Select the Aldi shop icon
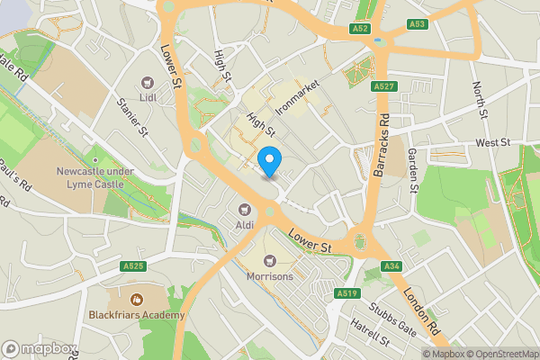click(244, 209)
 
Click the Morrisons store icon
click(269, 260)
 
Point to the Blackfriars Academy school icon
click(137, 299)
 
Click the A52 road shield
click(361, 29)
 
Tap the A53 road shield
click(416, 23)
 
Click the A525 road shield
click(133, 266)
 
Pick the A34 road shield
click(391, 265)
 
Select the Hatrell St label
click(369, 338)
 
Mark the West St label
click(492, 143)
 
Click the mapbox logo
click(40, 348)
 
